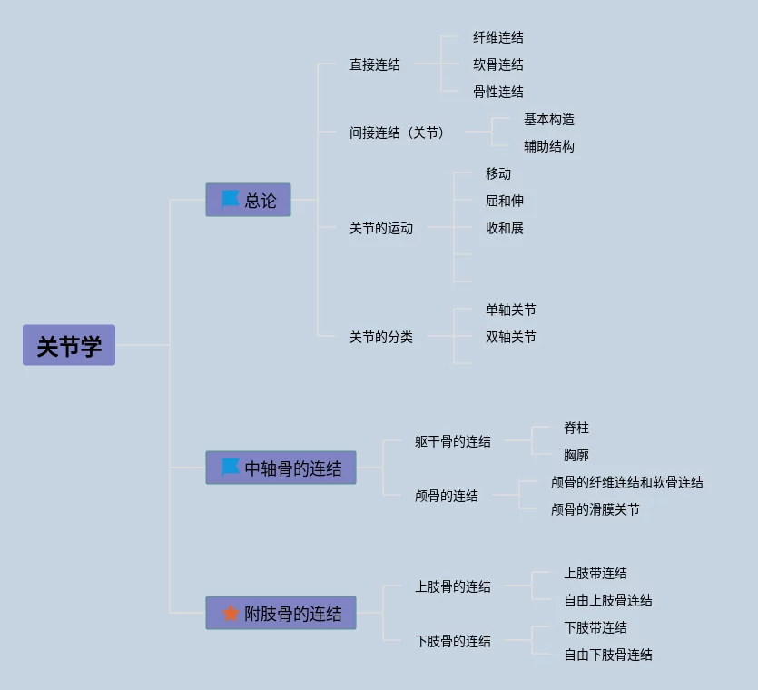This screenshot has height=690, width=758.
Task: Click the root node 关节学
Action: coord(69,345)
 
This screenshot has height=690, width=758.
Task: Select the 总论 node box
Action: coord(248,200)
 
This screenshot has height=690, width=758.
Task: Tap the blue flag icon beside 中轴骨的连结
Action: coord(231,468)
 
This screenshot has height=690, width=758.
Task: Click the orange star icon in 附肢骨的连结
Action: coord(231,614)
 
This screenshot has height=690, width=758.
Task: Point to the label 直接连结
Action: coord(374,64)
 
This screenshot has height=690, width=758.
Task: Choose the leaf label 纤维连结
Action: coord(497,37)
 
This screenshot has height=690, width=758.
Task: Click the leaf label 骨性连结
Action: coord(497,92)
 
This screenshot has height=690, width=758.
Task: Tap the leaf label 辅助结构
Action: coord(548,146)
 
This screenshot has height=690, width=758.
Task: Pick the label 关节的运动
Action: coord(380,228)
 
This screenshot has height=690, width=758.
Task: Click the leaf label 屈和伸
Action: coord(504,201)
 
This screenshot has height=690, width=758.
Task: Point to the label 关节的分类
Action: coord(380,337)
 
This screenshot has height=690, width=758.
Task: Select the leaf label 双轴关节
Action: coord(510,337)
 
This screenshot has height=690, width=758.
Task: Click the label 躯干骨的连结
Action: coord(452,441)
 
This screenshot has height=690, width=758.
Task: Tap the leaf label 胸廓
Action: coord(576,455)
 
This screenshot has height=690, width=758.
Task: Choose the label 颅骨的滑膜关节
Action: coord(595,509)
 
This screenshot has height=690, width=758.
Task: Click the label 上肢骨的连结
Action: coord(452,586)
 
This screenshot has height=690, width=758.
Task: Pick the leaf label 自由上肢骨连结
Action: coord(607,600)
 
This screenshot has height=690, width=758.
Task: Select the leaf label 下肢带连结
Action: coord(595,627)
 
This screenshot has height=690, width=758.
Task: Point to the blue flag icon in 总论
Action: coord(231,199)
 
